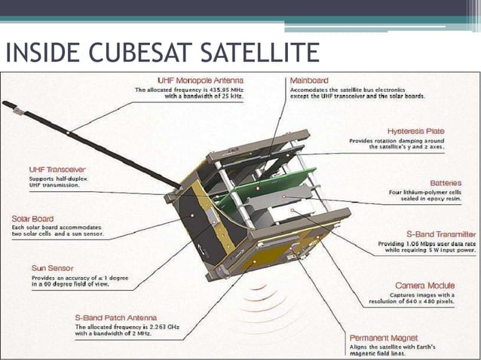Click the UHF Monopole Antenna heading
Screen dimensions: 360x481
(x=201, y=80)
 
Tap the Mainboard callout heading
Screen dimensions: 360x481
(x=309, y=80)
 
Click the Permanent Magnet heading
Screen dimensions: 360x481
(x=384, y=338)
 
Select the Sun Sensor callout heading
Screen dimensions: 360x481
(x=52, y=267)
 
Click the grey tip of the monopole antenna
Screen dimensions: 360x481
(x=10, y=105)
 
